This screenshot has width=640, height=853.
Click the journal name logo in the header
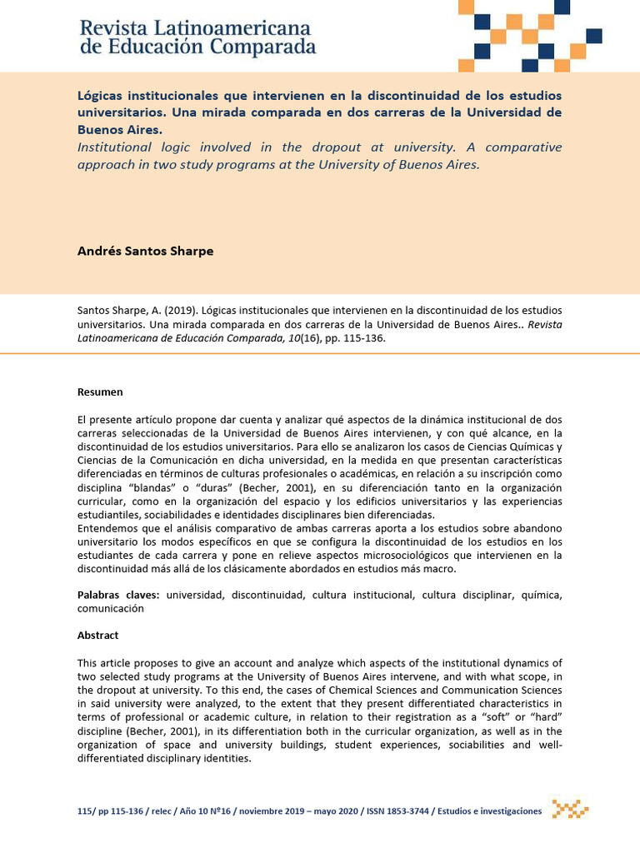[197, 37]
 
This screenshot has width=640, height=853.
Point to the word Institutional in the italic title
[116, 147]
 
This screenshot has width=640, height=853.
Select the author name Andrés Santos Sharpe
[145, 251]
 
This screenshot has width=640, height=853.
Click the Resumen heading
[100, 392]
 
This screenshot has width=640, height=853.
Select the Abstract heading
[98, 635]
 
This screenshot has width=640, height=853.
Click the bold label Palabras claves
[119, 595]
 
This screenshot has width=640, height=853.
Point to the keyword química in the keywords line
[538, 595]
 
